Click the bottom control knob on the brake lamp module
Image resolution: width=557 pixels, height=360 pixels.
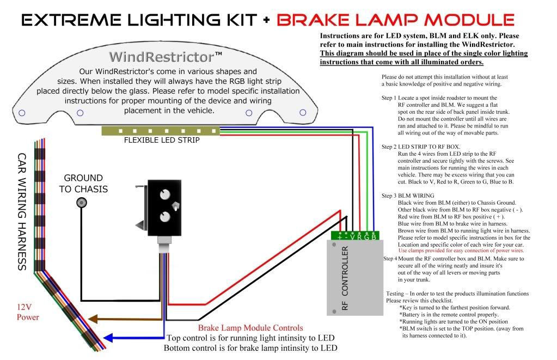coord(162,218)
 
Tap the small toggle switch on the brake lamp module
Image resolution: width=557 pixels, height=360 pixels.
coord(175,205)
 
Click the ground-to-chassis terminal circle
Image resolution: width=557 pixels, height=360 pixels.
coord(81,203)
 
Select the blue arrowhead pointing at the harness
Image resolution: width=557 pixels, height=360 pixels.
coord(108,338)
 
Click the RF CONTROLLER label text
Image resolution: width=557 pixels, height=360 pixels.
coord(344,285)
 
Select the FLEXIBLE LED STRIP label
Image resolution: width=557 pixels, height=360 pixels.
coord(154,140)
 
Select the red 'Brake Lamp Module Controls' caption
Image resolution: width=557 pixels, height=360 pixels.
coord(250,328)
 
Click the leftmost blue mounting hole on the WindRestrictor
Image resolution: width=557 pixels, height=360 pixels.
coord(22,113)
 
